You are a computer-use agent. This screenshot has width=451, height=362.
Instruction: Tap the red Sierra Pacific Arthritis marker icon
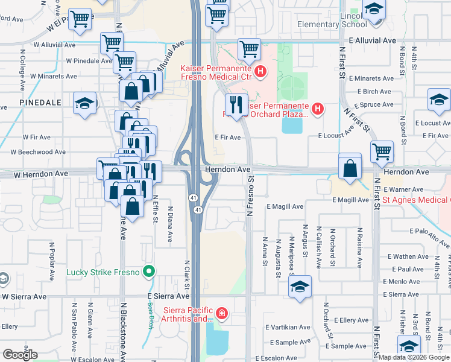click(222, 313)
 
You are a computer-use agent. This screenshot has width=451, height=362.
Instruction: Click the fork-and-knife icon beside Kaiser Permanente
click(237, 104)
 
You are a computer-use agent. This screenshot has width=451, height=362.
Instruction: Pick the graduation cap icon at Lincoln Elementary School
click(374, 11)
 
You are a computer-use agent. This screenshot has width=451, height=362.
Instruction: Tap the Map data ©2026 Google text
click(414, 357)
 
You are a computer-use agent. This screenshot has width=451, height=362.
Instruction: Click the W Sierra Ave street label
click(24, 296)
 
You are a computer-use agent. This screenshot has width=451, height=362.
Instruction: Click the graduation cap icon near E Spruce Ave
click(438, 100)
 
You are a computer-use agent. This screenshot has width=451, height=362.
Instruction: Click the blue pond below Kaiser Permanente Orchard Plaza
click(292, 125)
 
